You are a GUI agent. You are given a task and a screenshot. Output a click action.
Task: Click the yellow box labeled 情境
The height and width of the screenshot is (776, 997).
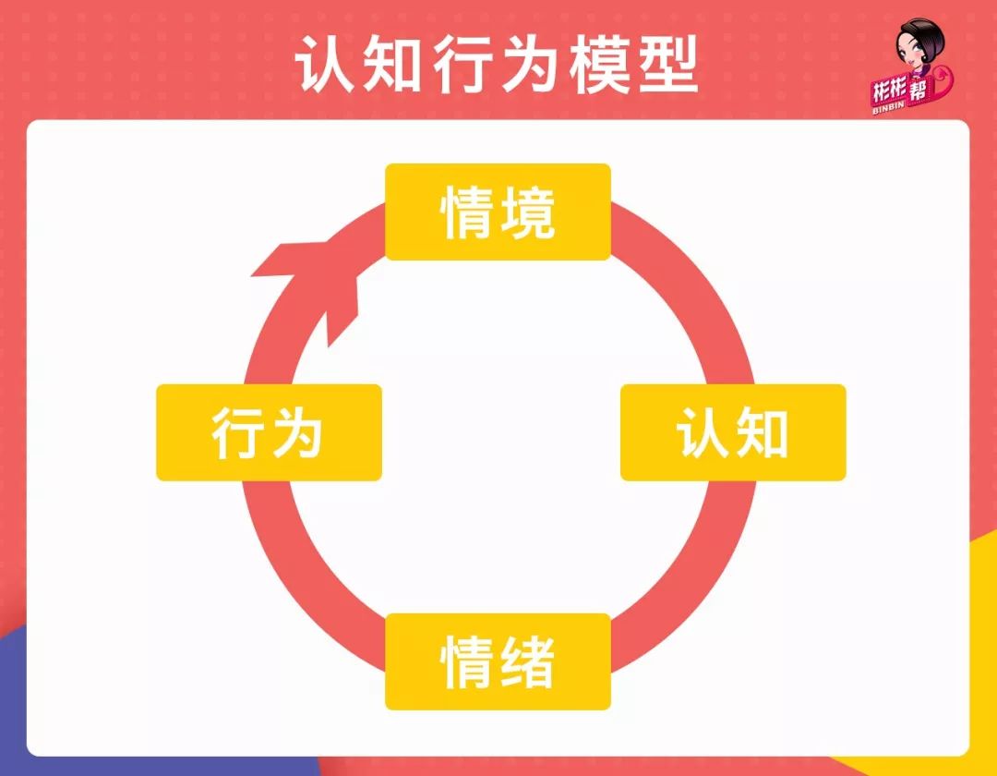(x=498, y=212)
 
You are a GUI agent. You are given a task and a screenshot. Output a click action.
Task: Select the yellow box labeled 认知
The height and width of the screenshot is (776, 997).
(x=733, y=432)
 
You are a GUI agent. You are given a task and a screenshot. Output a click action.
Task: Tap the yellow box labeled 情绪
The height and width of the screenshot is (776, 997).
(x=498, y=661)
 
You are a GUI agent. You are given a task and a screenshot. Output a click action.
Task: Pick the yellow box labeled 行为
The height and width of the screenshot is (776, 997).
(x=269, y=432)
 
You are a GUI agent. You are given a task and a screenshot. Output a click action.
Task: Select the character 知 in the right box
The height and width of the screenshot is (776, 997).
(x=762, y=433)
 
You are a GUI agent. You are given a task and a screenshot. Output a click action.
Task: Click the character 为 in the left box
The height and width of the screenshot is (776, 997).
(x=297, y=433)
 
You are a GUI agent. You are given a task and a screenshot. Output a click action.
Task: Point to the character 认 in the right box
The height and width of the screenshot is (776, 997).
(x=704, y=433)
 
